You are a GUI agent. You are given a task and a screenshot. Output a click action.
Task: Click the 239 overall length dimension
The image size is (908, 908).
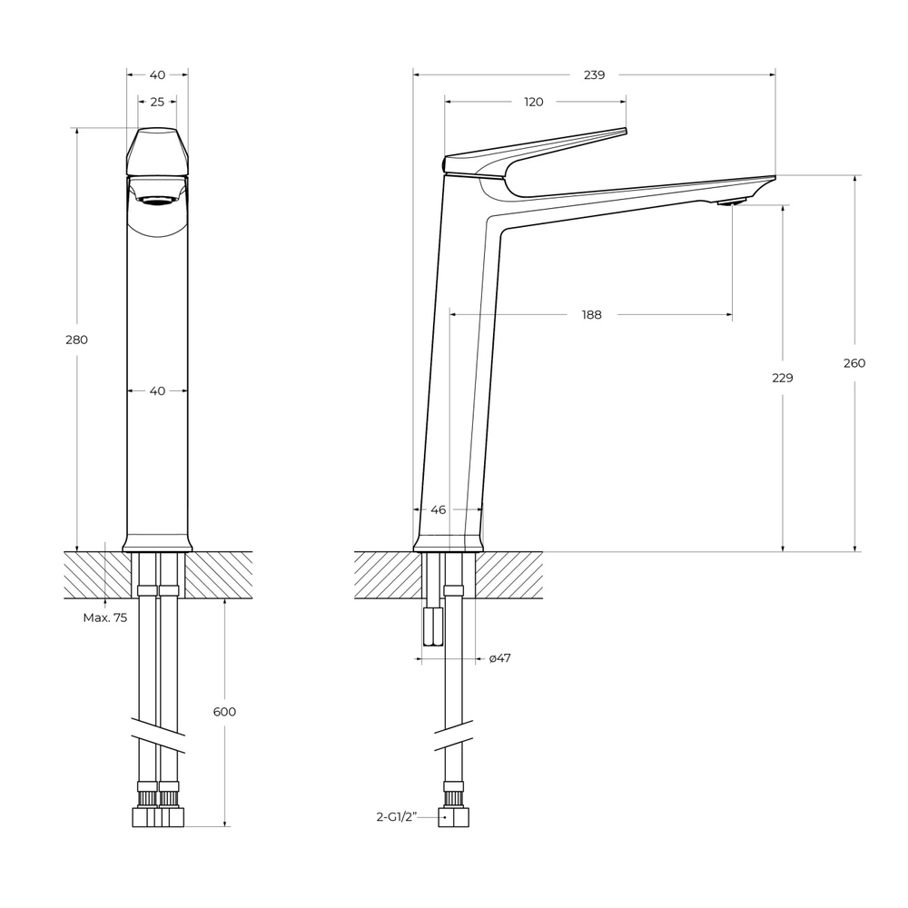[x=594, y=75]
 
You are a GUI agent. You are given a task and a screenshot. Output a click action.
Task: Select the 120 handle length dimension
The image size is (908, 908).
[x=534, y=102]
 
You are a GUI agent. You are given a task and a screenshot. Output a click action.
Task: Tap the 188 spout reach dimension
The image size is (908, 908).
[x=591, y=315]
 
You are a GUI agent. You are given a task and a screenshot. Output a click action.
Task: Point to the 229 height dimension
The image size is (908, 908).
[x=782, y=378]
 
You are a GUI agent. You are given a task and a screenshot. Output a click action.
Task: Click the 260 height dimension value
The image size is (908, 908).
[x=854, y=363]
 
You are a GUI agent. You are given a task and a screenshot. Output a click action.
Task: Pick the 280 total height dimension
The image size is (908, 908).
[x=77, y=340]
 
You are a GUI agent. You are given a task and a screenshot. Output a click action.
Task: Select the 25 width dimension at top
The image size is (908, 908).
[x=157, y=102]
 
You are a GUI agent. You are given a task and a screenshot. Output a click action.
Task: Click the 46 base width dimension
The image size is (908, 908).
[x=438, y=510]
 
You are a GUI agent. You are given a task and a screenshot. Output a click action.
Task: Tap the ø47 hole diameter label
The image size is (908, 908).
[x=499, y=658]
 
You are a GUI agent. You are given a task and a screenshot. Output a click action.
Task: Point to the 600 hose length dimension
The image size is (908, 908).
[x=224, y=712]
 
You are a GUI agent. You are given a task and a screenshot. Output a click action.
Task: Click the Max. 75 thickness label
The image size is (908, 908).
[x=105, y=617]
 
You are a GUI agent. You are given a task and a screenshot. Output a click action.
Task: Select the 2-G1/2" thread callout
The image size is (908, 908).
[x=396, y=817]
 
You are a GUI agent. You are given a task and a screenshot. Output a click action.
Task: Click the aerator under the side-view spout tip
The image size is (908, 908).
[x=732, y=202]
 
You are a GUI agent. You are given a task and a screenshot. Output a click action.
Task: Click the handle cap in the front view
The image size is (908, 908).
[x=157, y=150]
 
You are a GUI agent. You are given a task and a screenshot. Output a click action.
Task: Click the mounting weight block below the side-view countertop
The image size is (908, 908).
[x=431, y=626]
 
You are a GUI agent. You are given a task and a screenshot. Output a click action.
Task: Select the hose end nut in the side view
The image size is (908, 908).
[x=455, y=817]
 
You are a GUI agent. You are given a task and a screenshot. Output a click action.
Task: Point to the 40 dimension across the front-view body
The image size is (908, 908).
[x=157, y=390]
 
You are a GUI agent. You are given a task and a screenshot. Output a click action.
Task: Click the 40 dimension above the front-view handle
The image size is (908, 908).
[x=157, y=75]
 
